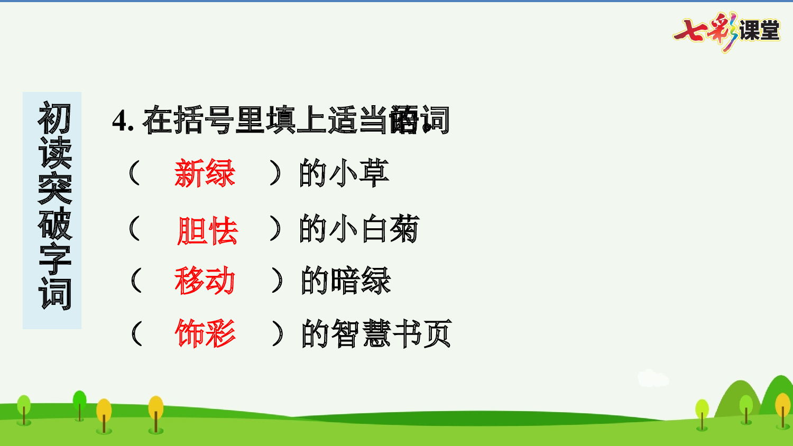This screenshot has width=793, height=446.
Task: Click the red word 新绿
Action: coord(205,173)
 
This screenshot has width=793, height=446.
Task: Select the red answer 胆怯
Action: coord(207,231)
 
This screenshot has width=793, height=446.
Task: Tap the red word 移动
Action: coord(205,281)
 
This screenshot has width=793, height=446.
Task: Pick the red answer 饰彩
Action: coord(205,333)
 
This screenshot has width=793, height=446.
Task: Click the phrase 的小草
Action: coord(344,173)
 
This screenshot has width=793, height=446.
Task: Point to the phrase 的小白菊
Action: coord(359,229)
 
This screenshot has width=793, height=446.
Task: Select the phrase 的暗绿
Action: coord(345,281)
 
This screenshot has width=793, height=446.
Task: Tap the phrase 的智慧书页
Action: coord(376,333)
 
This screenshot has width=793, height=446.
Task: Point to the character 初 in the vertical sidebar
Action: coord(54,118)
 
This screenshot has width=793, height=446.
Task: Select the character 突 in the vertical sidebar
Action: coord(54,188)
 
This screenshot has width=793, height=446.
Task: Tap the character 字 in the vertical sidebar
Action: coord(54,258)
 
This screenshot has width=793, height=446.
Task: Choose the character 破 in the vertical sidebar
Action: coord(54,224)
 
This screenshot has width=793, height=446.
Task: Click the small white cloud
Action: coord(652,378)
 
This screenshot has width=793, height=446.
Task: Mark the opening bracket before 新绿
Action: coord(134,173)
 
